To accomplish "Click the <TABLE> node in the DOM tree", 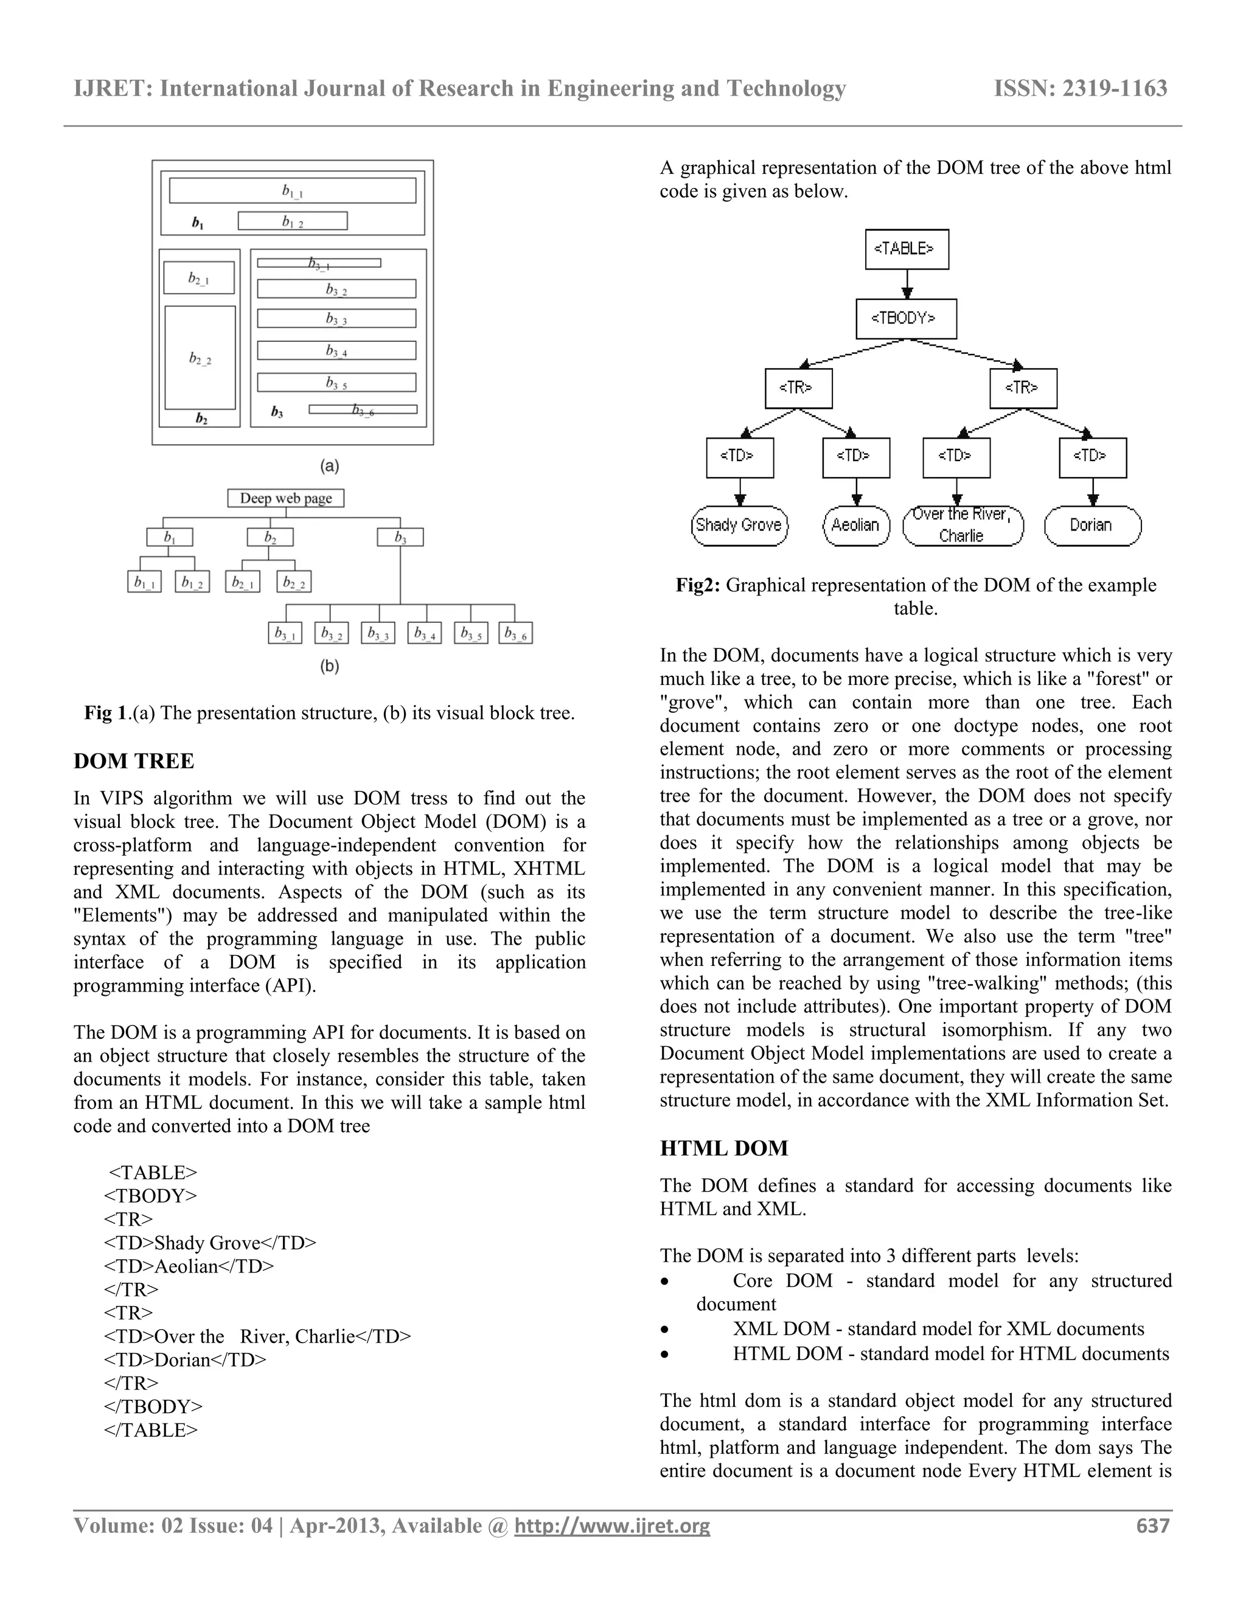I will tap(907, 249).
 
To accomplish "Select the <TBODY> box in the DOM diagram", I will tap(906, 319).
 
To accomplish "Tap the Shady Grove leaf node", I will tap(739, 526).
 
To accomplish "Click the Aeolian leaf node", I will tap(855, 526).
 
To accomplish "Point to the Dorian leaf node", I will tap(1091, 526).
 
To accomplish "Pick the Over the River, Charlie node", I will tap(962, 526).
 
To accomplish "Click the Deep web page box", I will tap(286, 498).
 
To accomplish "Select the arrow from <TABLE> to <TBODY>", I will tap(907, 284).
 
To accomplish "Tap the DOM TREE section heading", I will tap(134, 761).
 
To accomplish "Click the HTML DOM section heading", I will tap(723, 1148).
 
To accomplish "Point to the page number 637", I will tap(1153, 1526).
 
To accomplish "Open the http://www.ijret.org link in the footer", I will tap(612, 1526).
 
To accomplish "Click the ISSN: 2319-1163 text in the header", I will tap(1080, 89).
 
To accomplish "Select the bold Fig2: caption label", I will tap(698, 585).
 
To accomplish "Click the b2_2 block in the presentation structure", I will tap(200, 358).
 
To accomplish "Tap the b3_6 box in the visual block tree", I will tap(515, 633).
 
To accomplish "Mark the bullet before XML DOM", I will tap(665, 1329).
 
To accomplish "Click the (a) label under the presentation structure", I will tap(329, 467).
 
